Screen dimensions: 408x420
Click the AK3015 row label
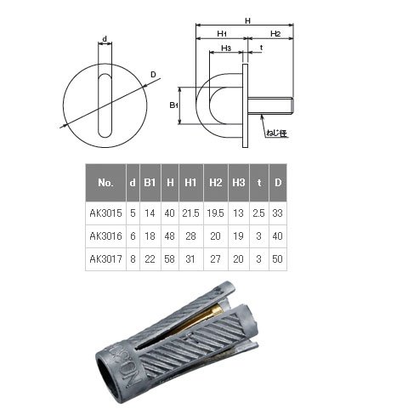pos(105,213)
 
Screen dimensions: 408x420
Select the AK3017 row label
pos(105,259)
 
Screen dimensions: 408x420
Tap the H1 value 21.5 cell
pos(190,213)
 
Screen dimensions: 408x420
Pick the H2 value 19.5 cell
pos(215,213)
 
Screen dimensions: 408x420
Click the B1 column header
pos(150,183)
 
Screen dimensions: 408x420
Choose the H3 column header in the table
pos(239,183)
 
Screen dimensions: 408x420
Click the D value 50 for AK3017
pos(277,259)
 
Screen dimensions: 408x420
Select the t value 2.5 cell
pos(258,213)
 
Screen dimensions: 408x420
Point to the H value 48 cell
pos(169,236)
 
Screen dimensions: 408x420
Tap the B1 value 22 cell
pos(150,259)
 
